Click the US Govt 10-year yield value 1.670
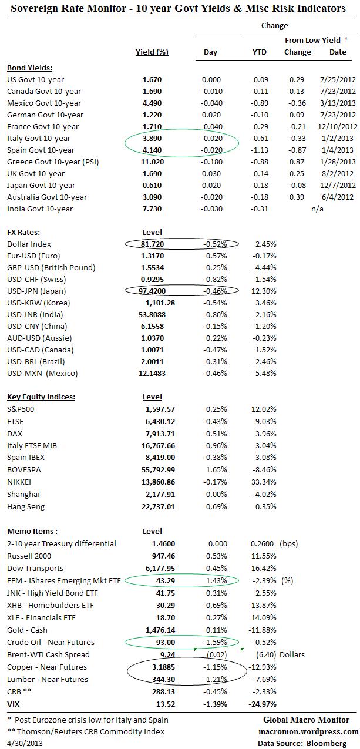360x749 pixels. click(152, 79)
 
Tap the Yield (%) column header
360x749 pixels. click(152, 52)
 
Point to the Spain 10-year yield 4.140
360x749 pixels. click(152, 150)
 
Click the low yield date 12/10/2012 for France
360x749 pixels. click(338, 126)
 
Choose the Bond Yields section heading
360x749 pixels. click(29, 68)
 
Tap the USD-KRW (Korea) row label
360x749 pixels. click(38, 303)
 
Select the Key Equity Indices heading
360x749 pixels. click(41, 397)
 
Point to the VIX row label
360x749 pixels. click(14, 703)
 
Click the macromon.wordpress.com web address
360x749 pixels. click(308, 731)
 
